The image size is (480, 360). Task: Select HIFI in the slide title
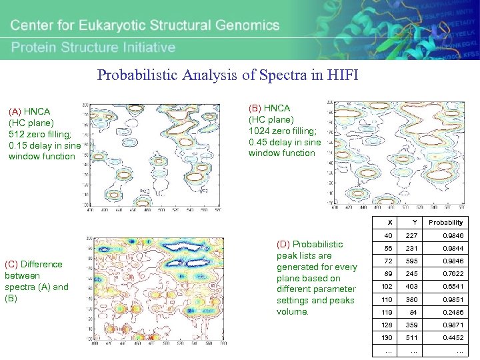pyautogui.click(x=343, y=75)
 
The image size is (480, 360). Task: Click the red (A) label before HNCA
pyautogui.click(x=15, y=111)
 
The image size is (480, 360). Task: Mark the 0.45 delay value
pyautogui.click(x=259, y=142)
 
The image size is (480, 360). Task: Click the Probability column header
pyautogui.click(x=445, y=223)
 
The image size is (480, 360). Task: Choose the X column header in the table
pyautogui.click(x=389, y=223)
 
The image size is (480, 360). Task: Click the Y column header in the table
pyautogui.click(x=414, y=223)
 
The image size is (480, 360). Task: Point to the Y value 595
pyautogui.click(x=414, y=261)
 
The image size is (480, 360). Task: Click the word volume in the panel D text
pyautogui.click(x=292, y=312)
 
